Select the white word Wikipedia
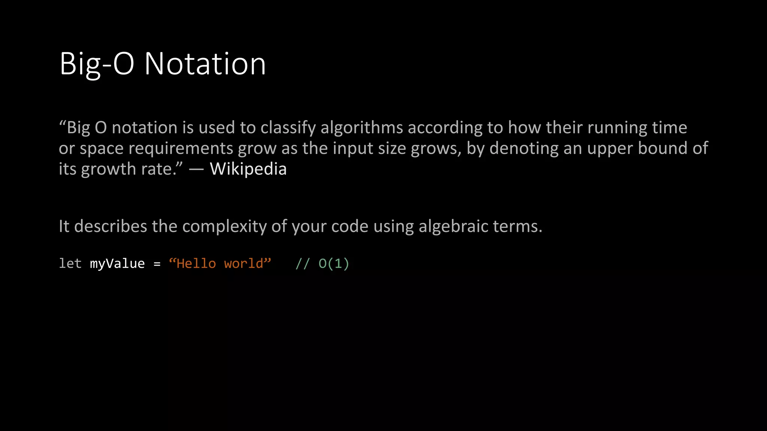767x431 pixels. pyautogui.click(x=248, y=169)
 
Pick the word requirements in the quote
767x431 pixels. pyautogui.click(x=181, y=149)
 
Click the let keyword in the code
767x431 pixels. pyautogui.click(x=70, y=263)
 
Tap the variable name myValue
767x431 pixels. pyautogui.click(x=117, y=263)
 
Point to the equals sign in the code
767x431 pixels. pyautogui.click(x=157, y=264)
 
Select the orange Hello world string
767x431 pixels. pyautogui.click(x=220, y=263)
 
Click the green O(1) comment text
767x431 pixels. pyautogui.click(x=334, y=263)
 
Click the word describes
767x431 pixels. pyautogui.click(x=110, y=226)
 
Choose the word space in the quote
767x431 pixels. pyautogui.click(x=101, y=149)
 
